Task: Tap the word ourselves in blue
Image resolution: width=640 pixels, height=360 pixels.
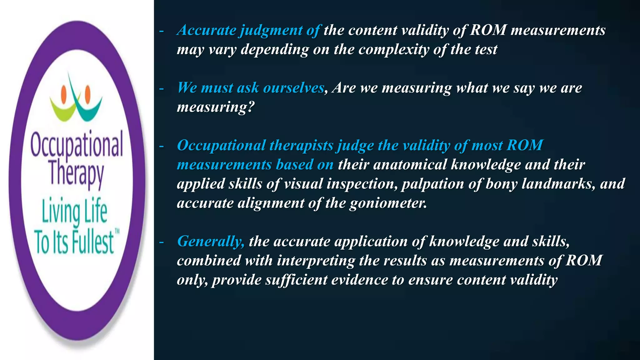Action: pyautogui.click(x=293, y=88)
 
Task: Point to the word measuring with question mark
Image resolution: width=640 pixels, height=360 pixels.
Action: pyautogui.click(x=216, y=107)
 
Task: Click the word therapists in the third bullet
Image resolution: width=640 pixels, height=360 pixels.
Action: pyautogui.click(x=301, y=146)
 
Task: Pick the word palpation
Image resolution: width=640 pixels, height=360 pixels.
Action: pyautogui.click(x=432, y=184)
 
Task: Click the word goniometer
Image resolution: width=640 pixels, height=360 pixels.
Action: pyautogui.click(x=388, y=203)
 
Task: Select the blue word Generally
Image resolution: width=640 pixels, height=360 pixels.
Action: pyautogui.click(x=211, y=241)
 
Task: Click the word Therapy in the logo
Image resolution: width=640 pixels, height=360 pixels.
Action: pyautogui.click(x=77, y=173)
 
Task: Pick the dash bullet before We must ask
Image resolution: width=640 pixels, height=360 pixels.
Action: pyautogui.click(x=162, y=89)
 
